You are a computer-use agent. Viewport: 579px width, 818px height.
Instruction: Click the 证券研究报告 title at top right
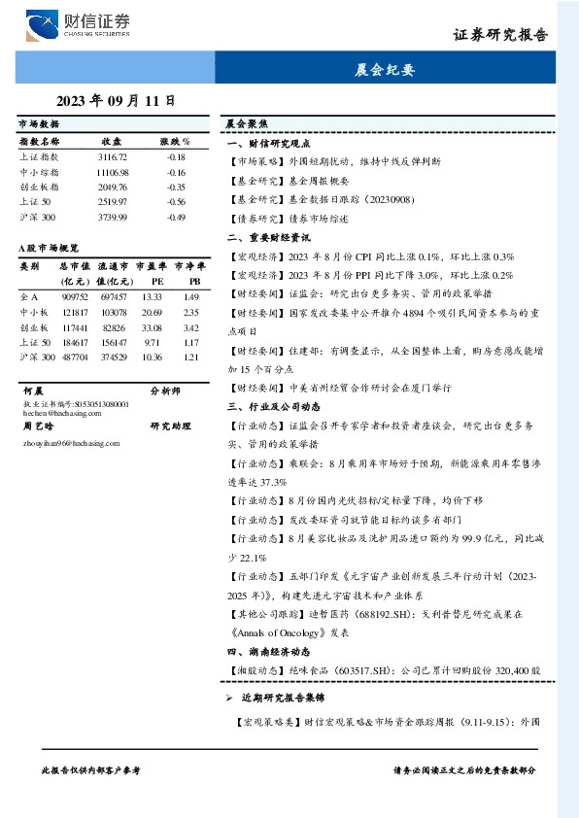coord(500,35)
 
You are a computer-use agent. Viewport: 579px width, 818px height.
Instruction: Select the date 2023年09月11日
coord(116,100)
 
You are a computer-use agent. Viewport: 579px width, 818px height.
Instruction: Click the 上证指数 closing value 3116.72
coord(113,156)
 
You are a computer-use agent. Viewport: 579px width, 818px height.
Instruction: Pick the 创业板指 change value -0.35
coord(176,187)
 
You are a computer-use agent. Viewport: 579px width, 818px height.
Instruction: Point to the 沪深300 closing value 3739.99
coord(113,217)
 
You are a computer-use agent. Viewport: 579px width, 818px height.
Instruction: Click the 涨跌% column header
coord(175,141)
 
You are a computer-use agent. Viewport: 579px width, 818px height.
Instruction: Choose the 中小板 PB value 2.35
coord(190,312)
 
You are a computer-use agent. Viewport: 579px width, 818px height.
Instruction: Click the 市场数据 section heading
coord(39,124)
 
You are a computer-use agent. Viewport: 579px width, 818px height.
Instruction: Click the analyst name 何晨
coord(32,391)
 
